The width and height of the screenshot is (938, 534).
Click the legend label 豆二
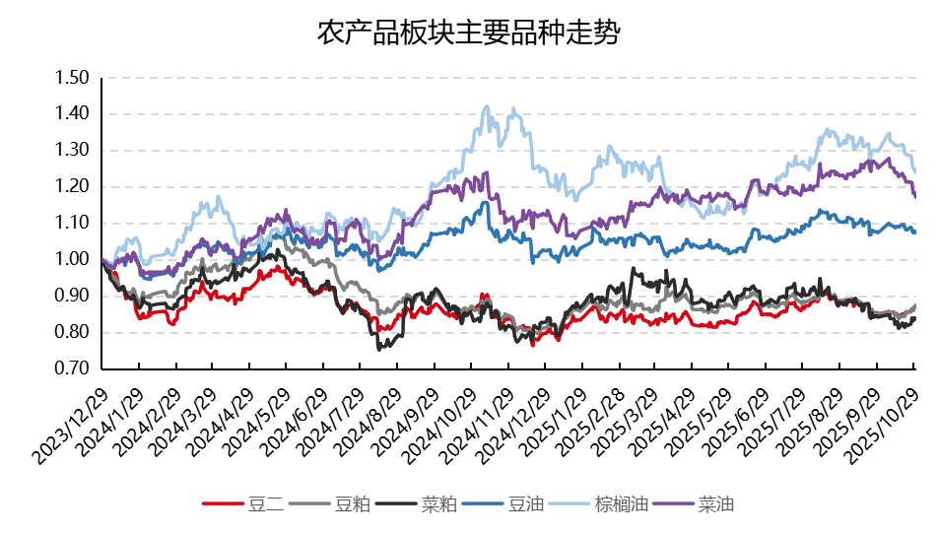coord(265,505)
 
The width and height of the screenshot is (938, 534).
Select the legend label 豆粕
coord(352,505)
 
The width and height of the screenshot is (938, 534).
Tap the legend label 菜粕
coord(438,505)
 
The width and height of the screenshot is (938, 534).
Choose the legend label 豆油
coord(525,505)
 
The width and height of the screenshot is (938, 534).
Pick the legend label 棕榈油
coord(621,505)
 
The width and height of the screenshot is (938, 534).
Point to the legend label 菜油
coord(716,505)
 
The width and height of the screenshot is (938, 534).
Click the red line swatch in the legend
coord(223,505)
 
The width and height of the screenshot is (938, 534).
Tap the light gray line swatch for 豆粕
coord(309,505)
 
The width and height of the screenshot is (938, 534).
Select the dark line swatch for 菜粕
coord(396,505)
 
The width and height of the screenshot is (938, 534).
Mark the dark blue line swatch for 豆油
coord(483,505)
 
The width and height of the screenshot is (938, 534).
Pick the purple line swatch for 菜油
coord(674,505)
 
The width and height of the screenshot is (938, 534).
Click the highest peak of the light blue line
coord(486,107)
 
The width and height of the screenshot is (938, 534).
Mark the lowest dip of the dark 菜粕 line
coord(381,348)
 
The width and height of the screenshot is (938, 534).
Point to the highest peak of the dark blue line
coord(485,203)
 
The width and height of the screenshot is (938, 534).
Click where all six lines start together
coord(103,261)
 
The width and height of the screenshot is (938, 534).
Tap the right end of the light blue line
coord(915,172)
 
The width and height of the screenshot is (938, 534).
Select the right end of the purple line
coord(915,197)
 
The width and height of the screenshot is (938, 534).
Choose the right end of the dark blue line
coord(915,232)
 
